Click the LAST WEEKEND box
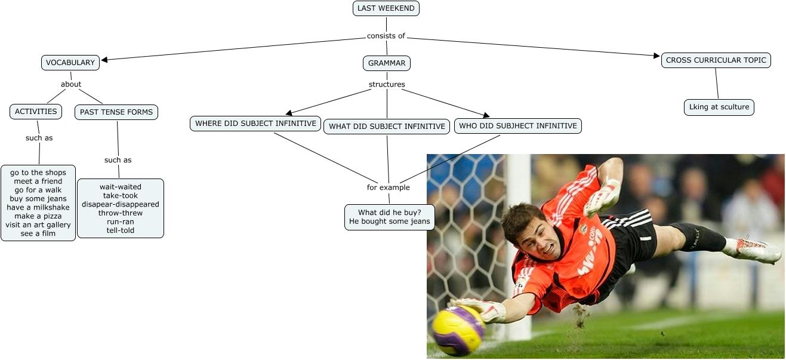386,8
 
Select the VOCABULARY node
70,63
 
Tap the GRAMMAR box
387,63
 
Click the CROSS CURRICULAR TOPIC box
716,60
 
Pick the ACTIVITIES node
36,112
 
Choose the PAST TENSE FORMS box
116,112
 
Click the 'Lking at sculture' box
719,107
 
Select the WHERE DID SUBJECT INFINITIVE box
255,124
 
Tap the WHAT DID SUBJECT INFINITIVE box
387,127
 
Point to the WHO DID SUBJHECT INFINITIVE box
517,126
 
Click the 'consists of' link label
386,36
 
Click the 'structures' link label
387,84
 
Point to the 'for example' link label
389,187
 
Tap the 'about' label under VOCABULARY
71,84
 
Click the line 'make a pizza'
38,216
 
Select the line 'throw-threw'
121,213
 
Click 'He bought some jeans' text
389,221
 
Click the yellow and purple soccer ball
458,330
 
